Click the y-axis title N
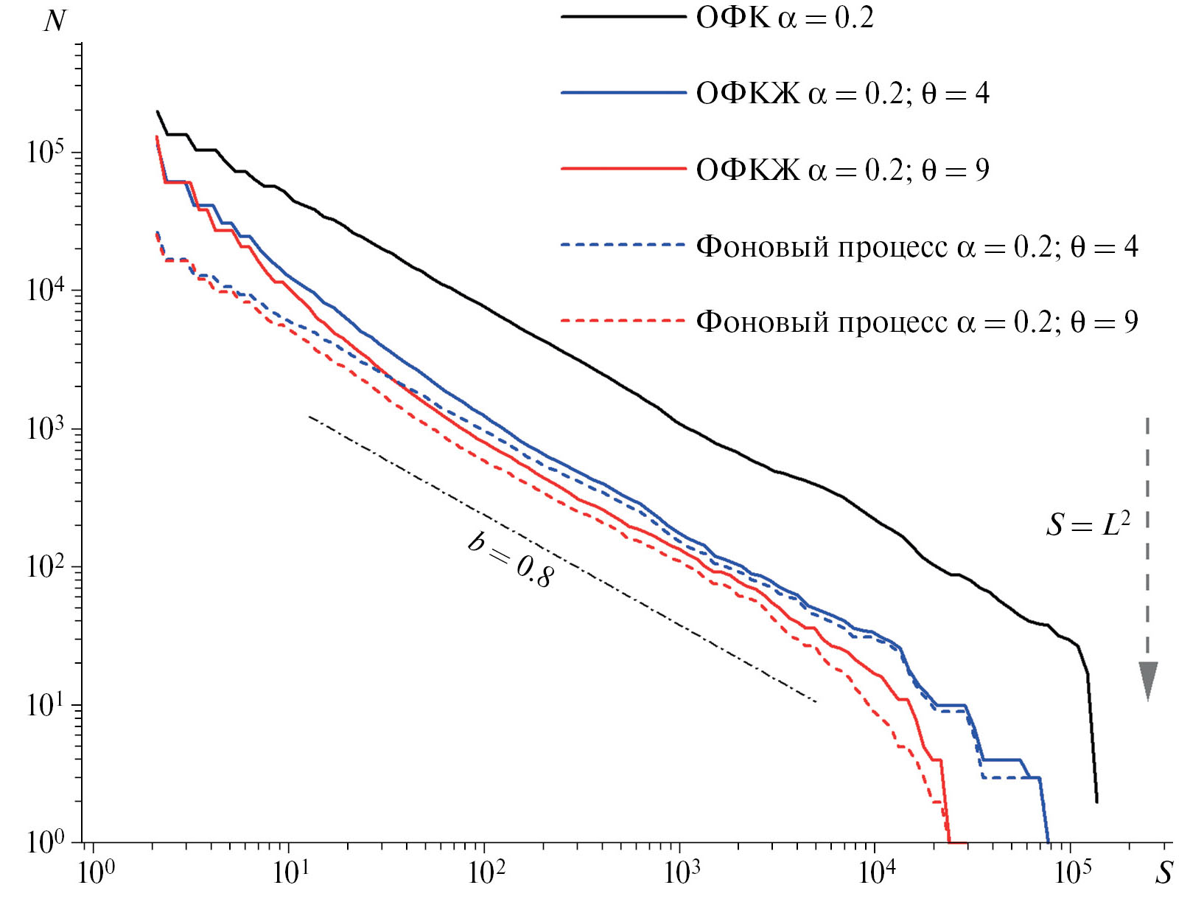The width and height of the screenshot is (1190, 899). pos(55,21)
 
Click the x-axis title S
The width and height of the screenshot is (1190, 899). pos(1163,873)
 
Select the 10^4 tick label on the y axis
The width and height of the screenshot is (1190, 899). pos(46,289)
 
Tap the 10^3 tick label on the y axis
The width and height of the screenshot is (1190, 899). pos(46,428)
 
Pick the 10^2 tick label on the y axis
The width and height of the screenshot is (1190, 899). pos(46,566)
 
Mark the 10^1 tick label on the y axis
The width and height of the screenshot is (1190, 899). pos(46,705)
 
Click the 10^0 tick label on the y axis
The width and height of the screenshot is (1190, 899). pos(46,841)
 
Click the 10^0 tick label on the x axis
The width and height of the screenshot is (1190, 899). pos(97,873)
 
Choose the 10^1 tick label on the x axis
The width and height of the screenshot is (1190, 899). pos(292,873)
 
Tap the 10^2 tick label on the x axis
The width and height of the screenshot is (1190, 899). pos(487,873)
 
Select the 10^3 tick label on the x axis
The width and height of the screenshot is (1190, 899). pos(682,873)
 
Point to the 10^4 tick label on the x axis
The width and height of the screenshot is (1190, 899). pos(878,873)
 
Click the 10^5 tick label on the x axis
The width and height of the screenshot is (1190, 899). pos(1073,873)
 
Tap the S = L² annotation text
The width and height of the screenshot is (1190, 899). pos(1088,524)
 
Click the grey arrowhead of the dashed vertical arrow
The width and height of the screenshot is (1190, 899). pos(1147,679)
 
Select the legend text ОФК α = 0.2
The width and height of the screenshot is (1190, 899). pos(785,18)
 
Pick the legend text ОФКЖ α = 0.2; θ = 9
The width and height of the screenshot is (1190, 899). pos(842,170)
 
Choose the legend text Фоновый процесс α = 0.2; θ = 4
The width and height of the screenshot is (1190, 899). pos(917,246)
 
